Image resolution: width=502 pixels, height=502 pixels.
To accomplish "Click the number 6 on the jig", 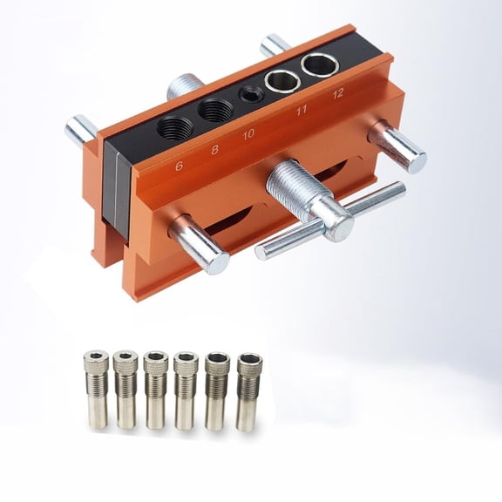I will click(178, 164).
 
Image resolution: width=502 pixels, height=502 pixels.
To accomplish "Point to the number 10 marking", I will click(248, 134).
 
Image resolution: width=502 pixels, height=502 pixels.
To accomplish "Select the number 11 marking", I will click(302, 112).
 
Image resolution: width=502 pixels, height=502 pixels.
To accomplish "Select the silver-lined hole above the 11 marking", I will click(282, 82).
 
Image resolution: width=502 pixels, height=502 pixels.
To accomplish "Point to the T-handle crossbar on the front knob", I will click(331, 221).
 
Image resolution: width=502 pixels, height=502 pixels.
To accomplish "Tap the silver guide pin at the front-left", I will click(200, 245).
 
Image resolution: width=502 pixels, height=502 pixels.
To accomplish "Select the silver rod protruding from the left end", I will click(81, 131).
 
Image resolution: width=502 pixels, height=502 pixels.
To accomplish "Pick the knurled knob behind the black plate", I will click(184, 87).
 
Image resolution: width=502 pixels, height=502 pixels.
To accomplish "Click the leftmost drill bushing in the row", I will click(95, 389).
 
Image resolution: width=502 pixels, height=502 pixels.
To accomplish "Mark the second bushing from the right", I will click(216, 390).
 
